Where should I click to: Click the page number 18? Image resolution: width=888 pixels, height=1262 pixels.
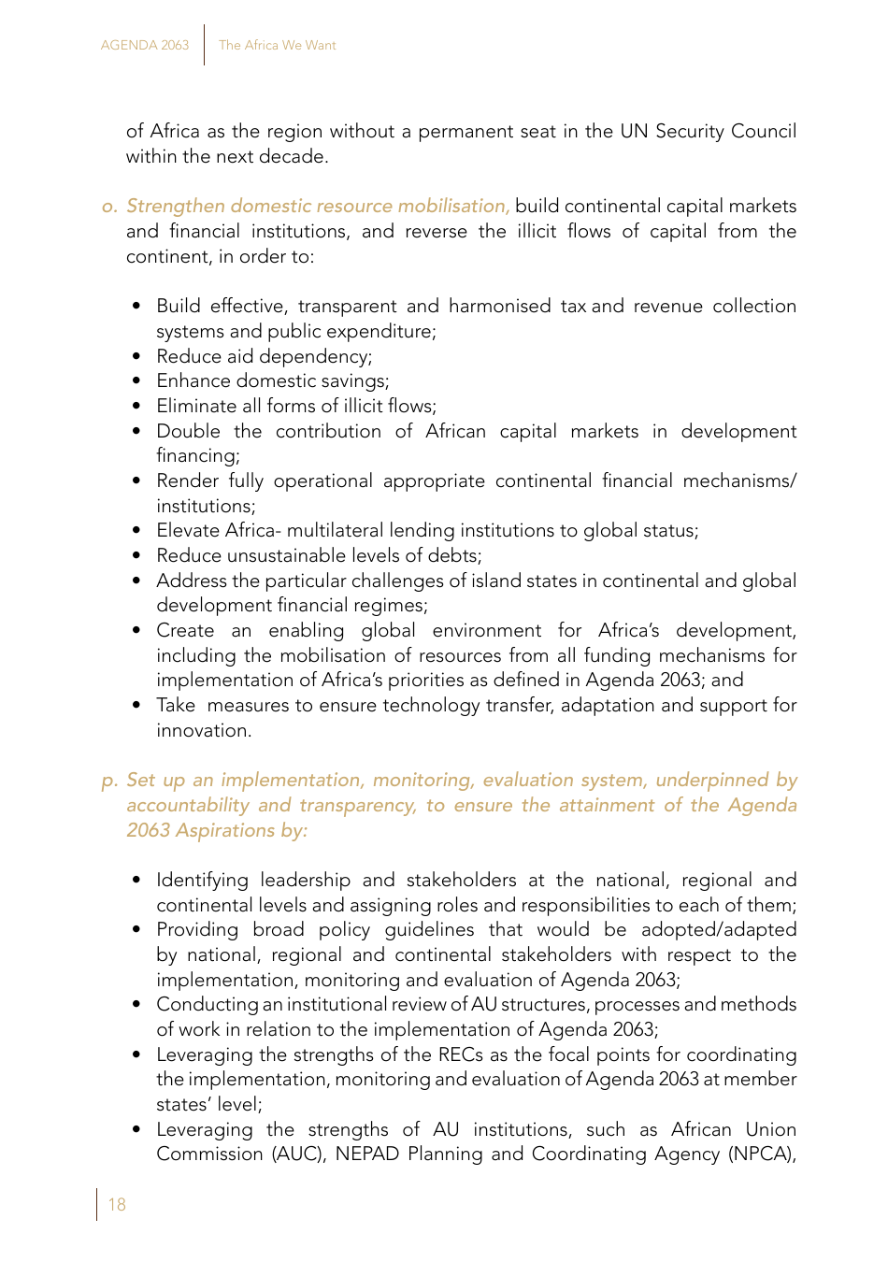[117, 1205]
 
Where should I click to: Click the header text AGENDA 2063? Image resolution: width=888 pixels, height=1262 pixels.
[145, 45]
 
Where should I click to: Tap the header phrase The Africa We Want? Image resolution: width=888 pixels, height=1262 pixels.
[277, 45]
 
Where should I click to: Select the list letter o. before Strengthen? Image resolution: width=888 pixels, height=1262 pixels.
[109, 207]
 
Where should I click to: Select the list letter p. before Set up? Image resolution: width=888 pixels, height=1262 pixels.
[109, 781]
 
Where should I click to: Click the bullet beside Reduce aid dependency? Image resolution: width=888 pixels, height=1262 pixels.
[136, 356]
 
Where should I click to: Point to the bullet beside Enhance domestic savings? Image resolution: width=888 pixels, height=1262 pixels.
[136, 381]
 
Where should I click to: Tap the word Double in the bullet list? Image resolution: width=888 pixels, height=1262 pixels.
[188, 431]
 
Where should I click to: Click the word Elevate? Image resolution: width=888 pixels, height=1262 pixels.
[187, 530]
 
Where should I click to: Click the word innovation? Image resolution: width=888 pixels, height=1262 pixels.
[203, 730]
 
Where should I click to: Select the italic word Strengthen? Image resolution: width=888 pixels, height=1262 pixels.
[175, 207]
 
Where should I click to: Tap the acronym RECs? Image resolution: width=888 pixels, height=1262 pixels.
[460, 1054]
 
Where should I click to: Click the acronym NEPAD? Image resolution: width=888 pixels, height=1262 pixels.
[365, 1154]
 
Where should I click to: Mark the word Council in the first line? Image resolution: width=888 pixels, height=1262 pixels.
[764, 132]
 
